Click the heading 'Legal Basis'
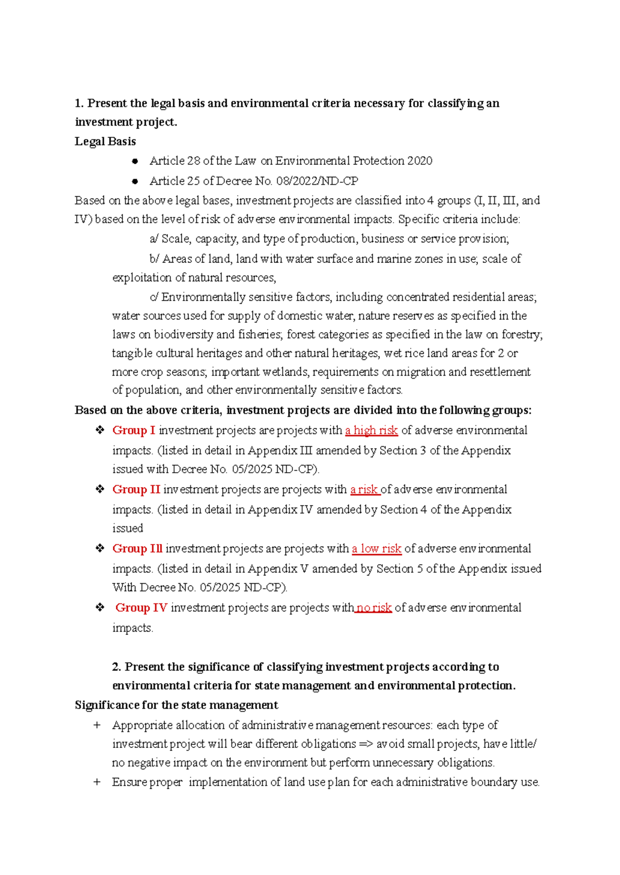(105, 142)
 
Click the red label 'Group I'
(134, 430)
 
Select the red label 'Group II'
(136, 489)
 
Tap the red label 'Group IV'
(141, 607)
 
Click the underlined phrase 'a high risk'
(371, 430)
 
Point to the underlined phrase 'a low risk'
(377, 549)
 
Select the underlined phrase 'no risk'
(373, 607)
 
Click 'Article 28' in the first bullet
(175, 161)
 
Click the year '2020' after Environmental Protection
(420, 161)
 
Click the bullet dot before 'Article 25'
(135, 181)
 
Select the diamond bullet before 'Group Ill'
(100, 549)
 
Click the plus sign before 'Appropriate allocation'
(97, 725)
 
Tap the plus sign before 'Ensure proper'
(97, 782)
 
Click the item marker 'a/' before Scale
(154, 239)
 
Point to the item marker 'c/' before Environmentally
(154, 297)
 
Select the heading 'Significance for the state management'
(176, 705)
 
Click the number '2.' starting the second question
(117, 667)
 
